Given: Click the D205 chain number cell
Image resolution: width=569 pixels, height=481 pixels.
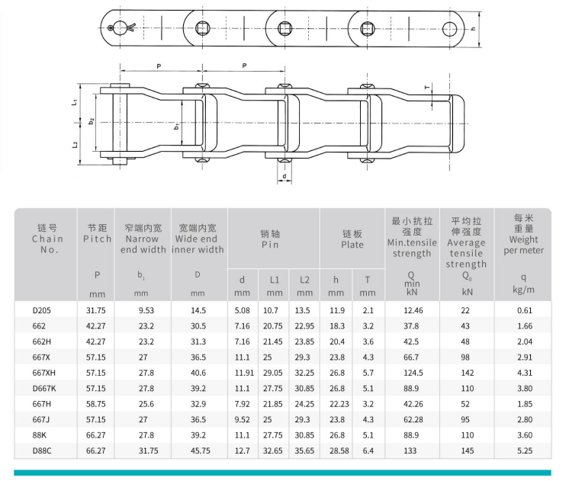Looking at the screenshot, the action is [41, 310].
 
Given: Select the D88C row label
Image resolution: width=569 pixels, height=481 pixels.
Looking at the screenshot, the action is [42, 451].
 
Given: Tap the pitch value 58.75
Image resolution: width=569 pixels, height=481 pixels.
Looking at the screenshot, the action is [96, 404].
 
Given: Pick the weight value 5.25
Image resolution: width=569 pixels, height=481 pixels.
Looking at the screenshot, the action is [525, 451].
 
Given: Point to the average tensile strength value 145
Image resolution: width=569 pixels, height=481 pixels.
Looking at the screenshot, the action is [468, 451].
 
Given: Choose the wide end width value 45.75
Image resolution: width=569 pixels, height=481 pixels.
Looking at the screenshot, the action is [201, 451].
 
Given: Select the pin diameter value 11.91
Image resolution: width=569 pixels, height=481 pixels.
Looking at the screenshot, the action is [244, 373].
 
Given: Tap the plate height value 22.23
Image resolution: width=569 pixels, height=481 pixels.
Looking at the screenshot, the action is [339, 404].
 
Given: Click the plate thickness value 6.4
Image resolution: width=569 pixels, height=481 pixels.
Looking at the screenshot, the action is [368, 451].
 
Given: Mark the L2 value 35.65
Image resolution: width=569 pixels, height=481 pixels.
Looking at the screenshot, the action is [304, 451].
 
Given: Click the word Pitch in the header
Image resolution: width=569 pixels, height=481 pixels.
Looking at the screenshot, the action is [97, 239].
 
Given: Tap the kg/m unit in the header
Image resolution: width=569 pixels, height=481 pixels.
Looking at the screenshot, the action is [523, 290].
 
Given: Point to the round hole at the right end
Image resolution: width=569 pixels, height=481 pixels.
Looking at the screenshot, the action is [449, 29].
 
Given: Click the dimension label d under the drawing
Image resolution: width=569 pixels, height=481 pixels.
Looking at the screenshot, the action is [284, 176].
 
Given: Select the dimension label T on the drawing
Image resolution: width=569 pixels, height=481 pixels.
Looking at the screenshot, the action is [427, 87].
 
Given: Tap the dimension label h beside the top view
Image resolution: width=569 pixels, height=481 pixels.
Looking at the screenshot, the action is [472, 28].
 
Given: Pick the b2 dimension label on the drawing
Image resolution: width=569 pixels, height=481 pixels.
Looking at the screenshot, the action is [92, 121].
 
